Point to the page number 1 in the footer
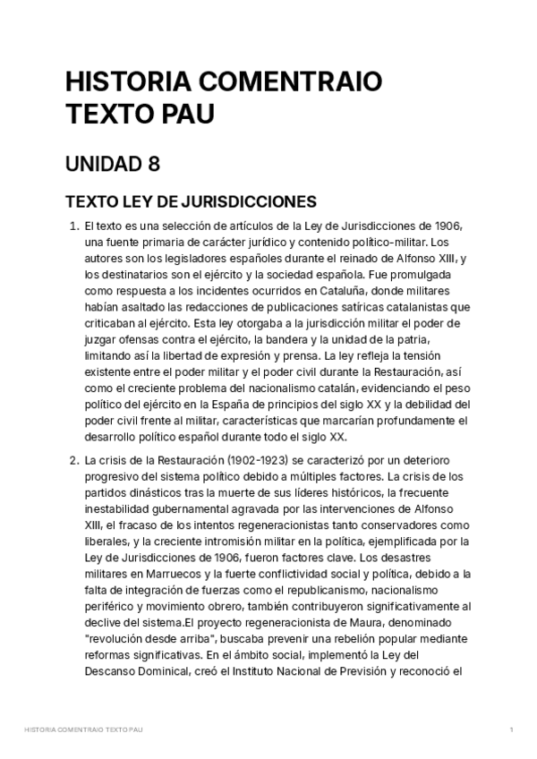(510, 730)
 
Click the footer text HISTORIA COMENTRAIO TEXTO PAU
(84, 730)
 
